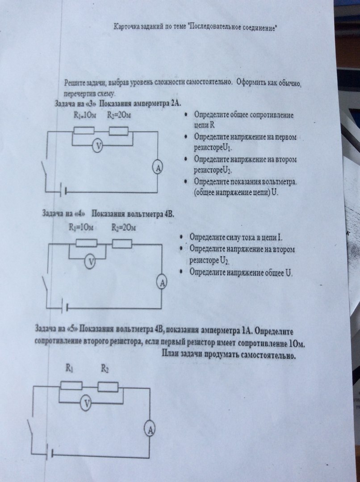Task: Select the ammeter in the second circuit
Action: click(163, 282)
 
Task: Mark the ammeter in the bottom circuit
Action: click(150, 429)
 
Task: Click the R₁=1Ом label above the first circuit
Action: click(85, 116)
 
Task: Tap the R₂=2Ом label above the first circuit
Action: click(118, 116)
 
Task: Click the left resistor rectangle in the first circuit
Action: click(84, 131)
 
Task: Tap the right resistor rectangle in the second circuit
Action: click(121, 244)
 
